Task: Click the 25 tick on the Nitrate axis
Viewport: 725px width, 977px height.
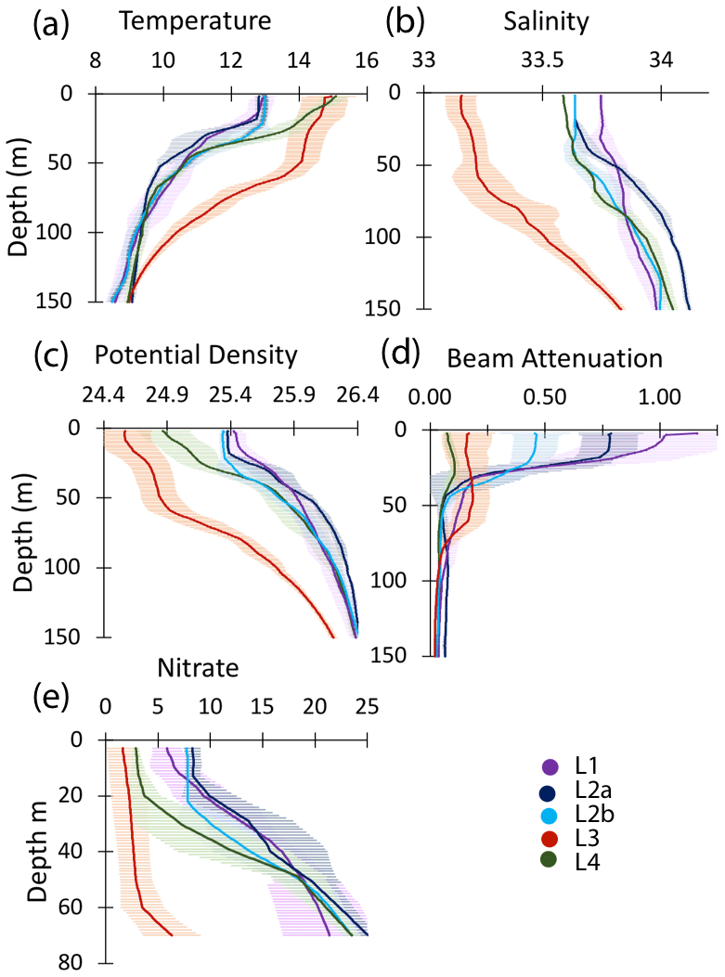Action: click(x=367, y=707)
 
